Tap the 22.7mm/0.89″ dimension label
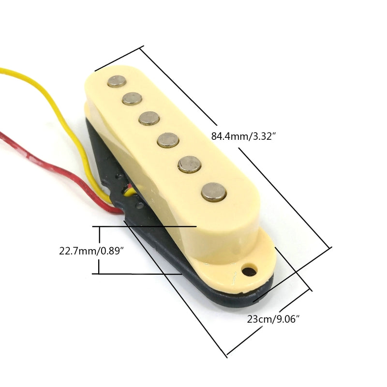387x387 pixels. [92, 251]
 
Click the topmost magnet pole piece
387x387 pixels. [117, 81]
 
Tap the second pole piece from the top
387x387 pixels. [132, 99]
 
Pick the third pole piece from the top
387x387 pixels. [149, 118]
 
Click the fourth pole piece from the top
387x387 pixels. [168, 140]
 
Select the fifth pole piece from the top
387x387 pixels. [189, 164]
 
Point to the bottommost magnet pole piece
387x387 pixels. [214, 192]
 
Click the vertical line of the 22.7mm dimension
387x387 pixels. [99, 250]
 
